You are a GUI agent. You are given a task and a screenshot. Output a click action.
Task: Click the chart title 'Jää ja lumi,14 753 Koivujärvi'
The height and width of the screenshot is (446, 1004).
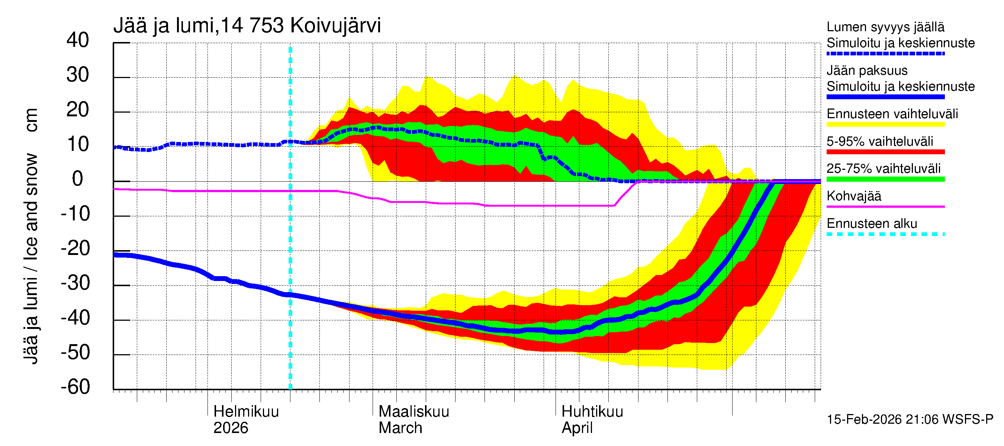(x=247, y=26)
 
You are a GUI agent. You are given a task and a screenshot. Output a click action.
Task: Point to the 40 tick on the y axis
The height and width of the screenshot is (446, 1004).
(x=78, y=40)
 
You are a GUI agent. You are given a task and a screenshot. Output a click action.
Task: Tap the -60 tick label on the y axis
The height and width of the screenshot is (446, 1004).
(x=75, y=387)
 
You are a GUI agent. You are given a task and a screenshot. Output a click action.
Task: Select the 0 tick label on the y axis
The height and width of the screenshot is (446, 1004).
(x=78, y=179)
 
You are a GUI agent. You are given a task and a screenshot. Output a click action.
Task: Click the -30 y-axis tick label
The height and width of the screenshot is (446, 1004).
(x=75, y=283)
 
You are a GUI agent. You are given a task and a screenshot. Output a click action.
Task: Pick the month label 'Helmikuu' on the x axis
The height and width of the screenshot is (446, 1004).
(x=246, y=412)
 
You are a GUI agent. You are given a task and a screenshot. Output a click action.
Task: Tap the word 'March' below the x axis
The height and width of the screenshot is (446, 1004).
(x=400, y=428)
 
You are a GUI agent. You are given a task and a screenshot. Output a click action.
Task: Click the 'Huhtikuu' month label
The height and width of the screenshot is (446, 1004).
(x=592, y=412)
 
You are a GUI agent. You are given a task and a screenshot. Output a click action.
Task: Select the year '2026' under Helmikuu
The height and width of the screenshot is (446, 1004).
(x=231, y=428)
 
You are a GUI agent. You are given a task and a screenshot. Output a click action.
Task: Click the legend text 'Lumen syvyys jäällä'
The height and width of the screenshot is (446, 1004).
(x=885, y=27)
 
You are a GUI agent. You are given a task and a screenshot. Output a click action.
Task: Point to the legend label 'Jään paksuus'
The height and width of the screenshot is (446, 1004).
(x=867, y=71)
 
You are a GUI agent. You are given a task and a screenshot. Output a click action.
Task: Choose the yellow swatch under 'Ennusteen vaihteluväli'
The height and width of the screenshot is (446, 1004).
(x=885, y=125)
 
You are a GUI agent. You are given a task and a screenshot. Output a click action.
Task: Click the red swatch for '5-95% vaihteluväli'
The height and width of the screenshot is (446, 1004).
(x=885, y=152)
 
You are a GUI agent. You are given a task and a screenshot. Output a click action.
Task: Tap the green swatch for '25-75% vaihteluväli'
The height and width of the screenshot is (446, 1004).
(x=885, y=179)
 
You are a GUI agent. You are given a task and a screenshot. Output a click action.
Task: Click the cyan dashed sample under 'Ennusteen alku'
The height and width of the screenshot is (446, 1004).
(x=885, y=234)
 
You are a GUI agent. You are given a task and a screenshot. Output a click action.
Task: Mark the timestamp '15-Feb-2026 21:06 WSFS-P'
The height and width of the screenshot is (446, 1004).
(x=910, y=420)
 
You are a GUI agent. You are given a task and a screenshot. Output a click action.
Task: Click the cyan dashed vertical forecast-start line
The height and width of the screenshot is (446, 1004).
(x=290, y=234)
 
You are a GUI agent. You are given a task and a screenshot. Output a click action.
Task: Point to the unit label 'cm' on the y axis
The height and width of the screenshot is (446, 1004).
(x=31, y=120)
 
